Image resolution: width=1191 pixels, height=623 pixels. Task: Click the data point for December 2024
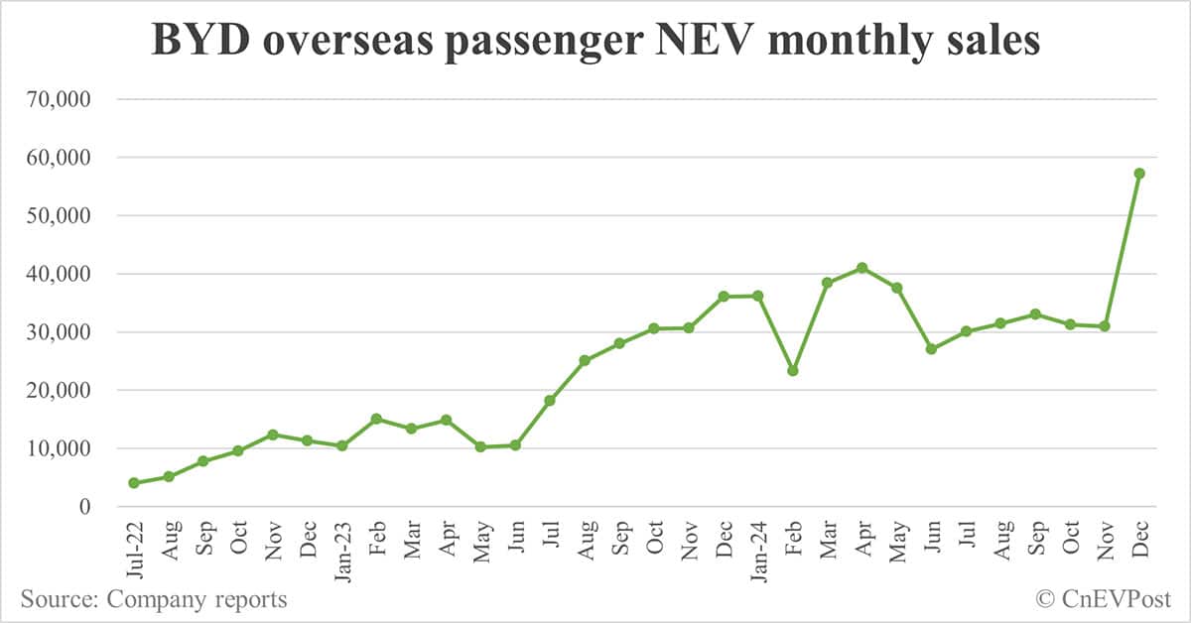(1139, 174)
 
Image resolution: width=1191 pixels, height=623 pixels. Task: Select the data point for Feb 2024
(793, 371)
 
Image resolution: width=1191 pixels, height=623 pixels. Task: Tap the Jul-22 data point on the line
(134, 483)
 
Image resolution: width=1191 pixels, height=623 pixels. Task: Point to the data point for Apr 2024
(862, 268)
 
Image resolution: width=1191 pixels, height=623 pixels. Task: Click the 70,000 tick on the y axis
(63, 99)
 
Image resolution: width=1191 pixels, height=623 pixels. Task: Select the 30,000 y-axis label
(63, 332)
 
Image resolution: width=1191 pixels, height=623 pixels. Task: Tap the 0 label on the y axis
(85, 507)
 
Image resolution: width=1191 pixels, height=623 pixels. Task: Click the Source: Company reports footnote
(154, 599)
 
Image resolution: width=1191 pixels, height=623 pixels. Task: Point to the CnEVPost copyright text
(1104, 599)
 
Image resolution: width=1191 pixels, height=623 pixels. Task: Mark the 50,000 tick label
(63, 215)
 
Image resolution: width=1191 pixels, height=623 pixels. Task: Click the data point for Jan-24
(758, 296)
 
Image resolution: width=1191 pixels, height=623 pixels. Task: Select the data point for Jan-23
(342, 446)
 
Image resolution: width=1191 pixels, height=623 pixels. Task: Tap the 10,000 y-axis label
(63, 448)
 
